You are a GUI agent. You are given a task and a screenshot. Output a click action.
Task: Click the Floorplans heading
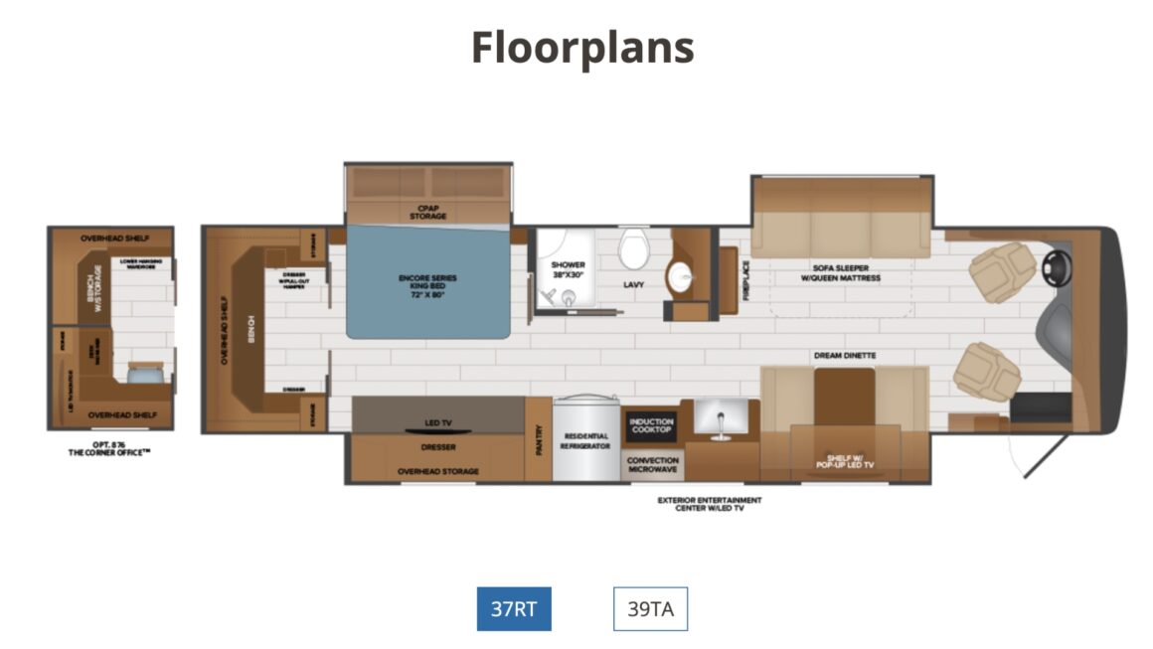pos(581,48)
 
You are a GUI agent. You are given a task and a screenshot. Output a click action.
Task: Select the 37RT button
pos(513,608)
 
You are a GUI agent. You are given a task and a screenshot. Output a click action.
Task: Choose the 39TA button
pos(650,608)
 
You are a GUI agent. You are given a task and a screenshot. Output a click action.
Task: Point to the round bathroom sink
pos(685,276)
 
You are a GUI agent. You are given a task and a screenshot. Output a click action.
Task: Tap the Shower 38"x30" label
pos(568,269)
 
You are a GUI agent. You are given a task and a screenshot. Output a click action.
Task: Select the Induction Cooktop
pos(652,425)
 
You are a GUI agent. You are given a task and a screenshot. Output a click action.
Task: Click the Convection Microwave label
pos(652,464)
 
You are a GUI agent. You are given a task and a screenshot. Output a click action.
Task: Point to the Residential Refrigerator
pos(585,441)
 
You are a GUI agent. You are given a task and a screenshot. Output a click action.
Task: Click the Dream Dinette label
pos(844,355)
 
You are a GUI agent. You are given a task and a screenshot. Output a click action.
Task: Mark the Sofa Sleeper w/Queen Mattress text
pos(841,273)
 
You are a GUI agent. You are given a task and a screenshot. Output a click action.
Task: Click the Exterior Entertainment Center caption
pos(710,503)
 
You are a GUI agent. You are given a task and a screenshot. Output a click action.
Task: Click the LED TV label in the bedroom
pos(437,423)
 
